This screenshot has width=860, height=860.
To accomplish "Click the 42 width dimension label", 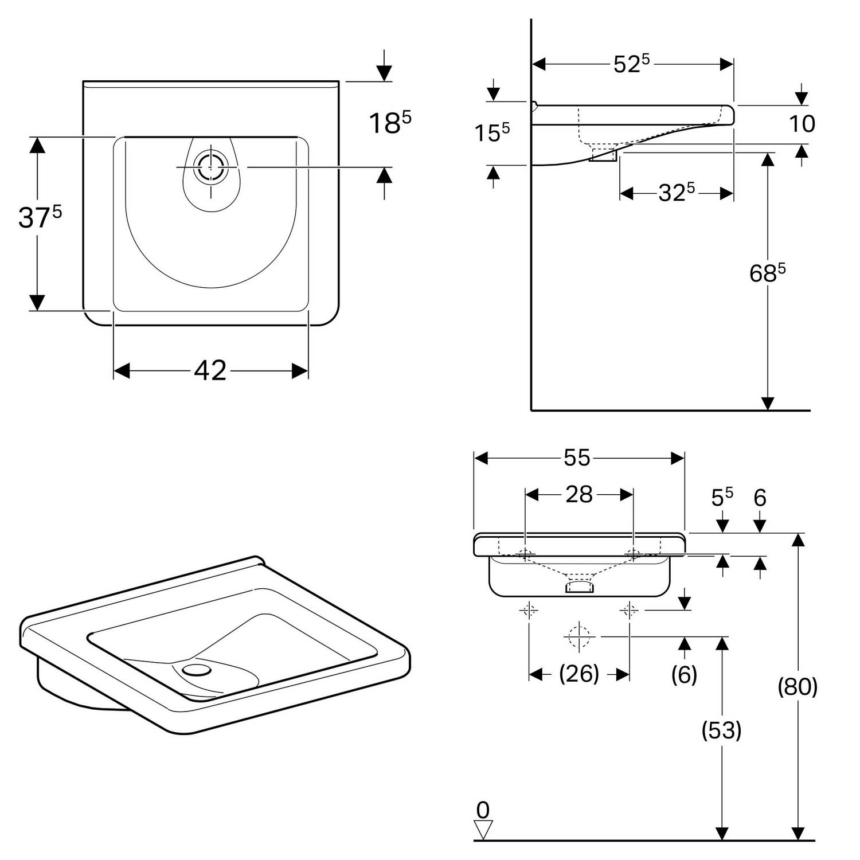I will pos(210,371).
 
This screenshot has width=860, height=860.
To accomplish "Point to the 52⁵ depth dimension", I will pos(631,64).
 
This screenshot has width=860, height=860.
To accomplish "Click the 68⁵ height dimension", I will pos(767,273).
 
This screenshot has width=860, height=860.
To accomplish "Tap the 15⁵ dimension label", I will pos(491,133).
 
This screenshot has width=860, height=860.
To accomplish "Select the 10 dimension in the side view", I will pos(802,124).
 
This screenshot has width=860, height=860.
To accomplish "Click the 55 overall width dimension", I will pos(577,458).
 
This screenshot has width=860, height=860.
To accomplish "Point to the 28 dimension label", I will pos(578,494).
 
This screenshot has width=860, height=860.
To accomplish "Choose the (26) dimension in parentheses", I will pos(578,674).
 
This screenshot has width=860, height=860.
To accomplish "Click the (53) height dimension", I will pos(721,730).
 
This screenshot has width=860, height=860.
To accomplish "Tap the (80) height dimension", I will pos(797,686).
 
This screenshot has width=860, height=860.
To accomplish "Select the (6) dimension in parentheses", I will pos(684,675).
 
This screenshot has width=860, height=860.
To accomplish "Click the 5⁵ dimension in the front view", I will pos(722,498).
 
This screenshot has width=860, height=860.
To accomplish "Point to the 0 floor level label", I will pos(483,810).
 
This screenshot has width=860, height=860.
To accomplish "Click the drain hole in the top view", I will pos(210,167).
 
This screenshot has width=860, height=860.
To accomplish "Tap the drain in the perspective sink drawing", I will pos(196,669).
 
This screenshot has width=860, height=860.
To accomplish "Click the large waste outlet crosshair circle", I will pos(578,636).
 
